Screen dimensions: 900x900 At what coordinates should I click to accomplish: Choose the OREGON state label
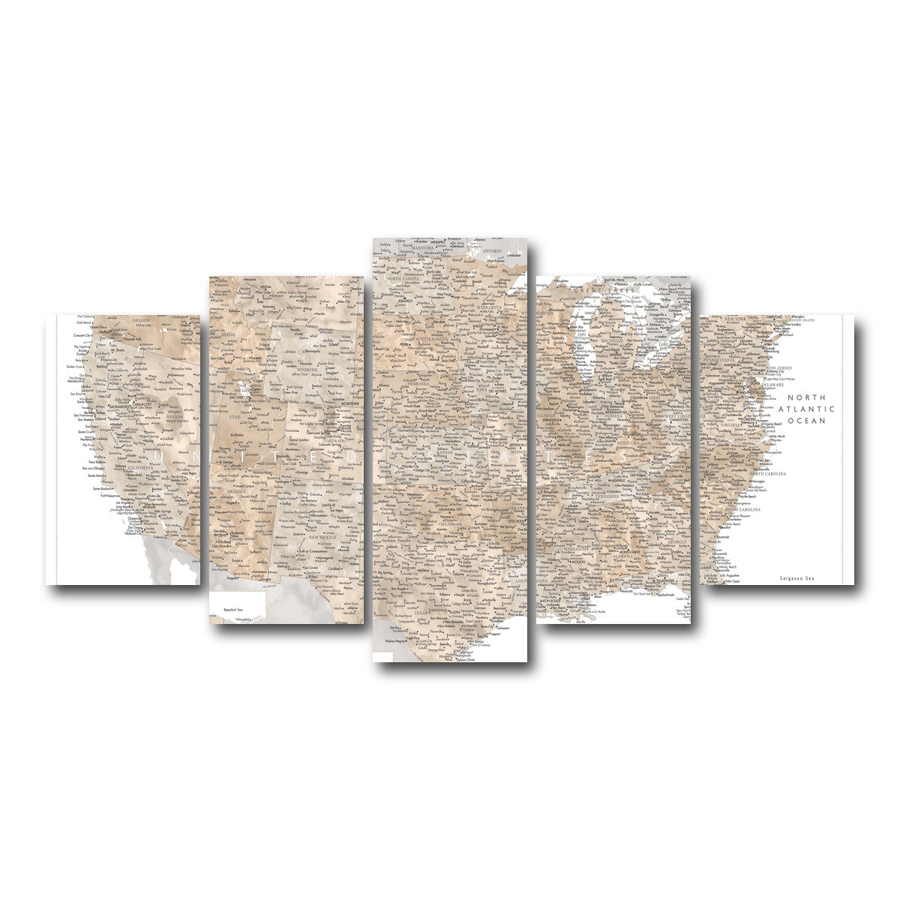(140, 320)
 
